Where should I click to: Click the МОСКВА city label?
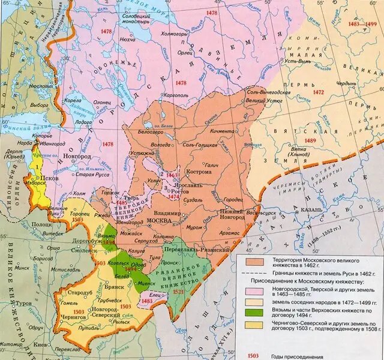pyautogui.click(x=159, y=221)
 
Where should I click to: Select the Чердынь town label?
pyautogui.click(x=346, y=83)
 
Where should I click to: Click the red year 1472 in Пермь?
pyautogui.click(x=318, y=93)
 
